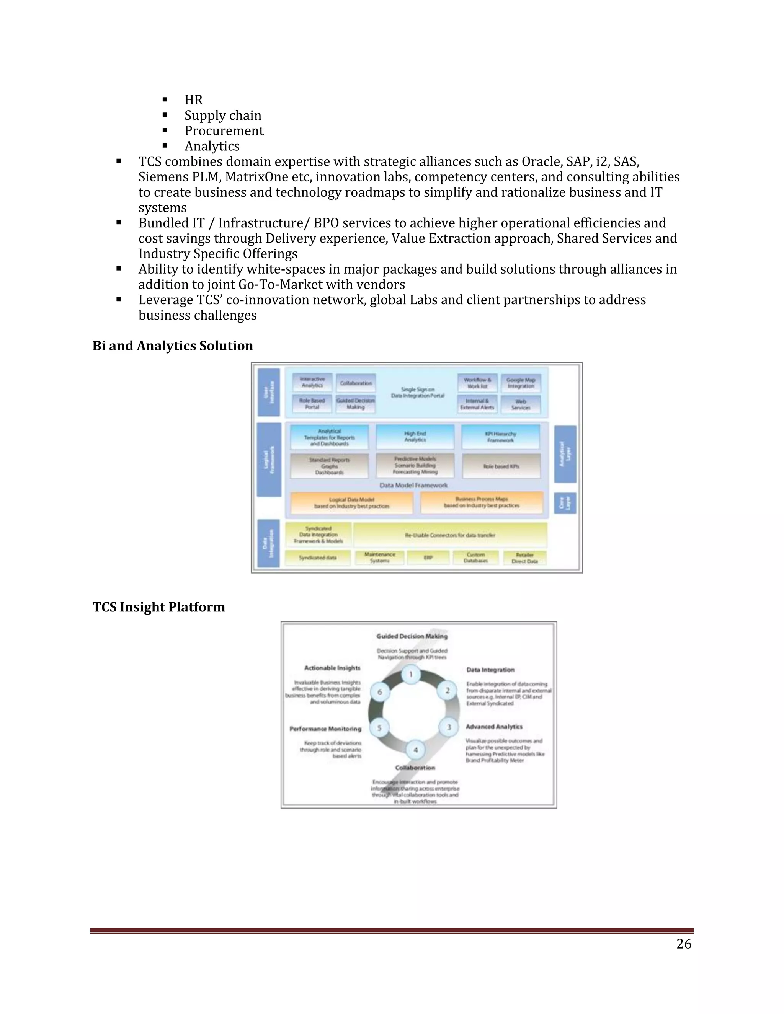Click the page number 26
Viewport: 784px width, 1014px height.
tap(684, 944)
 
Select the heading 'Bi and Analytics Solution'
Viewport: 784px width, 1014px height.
tap(172, 346)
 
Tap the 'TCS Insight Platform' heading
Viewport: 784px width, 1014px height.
tap(158, 607)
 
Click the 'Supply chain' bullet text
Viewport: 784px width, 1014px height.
tap(223, 115)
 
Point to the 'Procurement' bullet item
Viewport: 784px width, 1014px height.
tap(224, 130)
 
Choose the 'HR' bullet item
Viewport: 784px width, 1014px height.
tap(194, 100)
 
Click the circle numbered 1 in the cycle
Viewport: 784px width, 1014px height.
tap(411, 674)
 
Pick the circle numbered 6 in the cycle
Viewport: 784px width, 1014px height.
tap(379, 692)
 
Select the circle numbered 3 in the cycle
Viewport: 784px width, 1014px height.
tap(449, 727)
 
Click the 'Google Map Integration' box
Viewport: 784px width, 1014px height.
tap(521, 383)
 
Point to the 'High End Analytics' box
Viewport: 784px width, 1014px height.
tap(415, 437)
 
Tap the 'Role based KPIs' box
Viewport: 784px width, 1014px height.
tap(501, 466)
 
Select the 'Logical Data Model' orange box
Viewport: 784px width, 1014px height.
tap(351, 503)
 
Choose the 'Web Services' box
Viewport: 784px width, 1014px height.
tap(521, 404)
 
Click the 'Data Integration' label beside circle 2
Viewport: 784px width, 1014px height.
tap(490, 670)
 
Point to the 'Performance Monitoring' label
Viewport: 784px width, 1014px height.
tap(325, 729)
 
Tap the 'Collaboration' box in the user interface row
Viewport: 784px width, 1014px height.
tap(356, 383)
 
